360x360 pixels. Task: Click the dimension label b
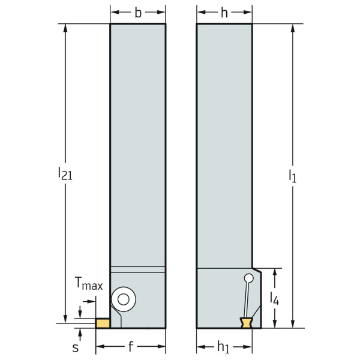[138, 13]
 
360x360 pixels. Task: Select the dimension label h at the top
[224, 13]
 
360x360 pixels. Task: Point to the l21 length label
[65, 174]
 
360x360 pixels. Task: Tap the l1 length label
[292, 176]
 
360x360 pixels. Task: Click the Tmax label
[88, 286]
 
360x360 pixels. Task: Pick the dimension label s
[76, 347]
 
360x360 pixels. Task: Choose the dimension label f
[130, 347]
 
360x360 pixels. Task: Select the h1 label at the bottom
[224, 347]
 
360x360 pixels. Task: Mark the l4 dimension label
[274, 298]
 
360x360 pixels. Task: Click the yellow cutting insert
[103, 323]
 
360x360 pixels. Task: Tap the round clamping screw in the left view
[125, 298]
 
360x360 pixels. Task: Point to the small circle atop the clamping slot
[248, 278]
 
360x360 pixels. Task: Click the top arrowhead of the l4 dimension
[274, 271]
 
